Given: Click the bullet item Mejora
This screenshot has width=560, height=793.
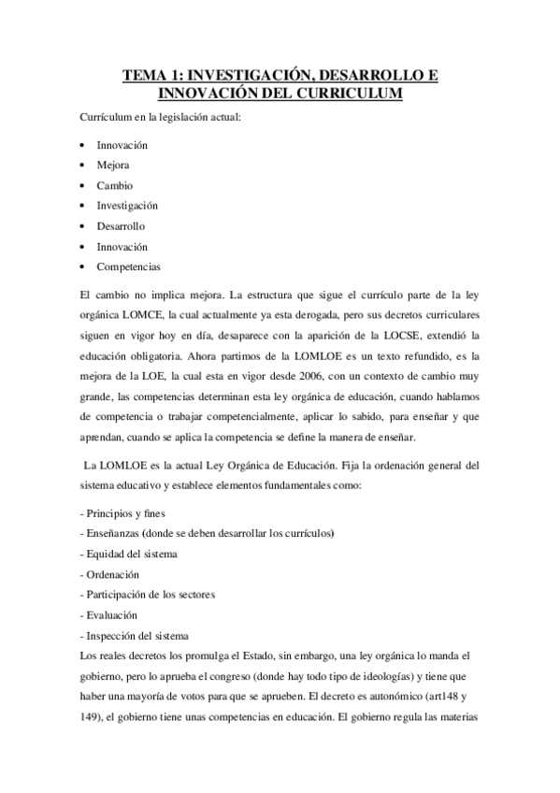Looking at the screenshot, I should (x=113, y=165).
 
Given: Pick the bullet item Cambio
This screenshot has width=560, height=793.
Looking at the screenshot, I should (x=114, y=185).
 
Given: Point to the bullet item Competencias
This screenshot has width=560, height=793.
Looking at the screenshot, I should (x=128, y=267).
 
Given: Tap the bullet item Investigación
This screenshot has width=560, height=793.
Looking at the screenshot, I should (x=127, y=205).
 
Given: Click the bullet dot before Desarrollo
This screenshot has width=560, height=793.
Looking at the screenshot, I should (x=83, y=226).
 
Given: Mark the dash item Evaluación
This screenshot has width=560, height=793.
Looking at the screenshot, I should (x=109, y=615).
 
